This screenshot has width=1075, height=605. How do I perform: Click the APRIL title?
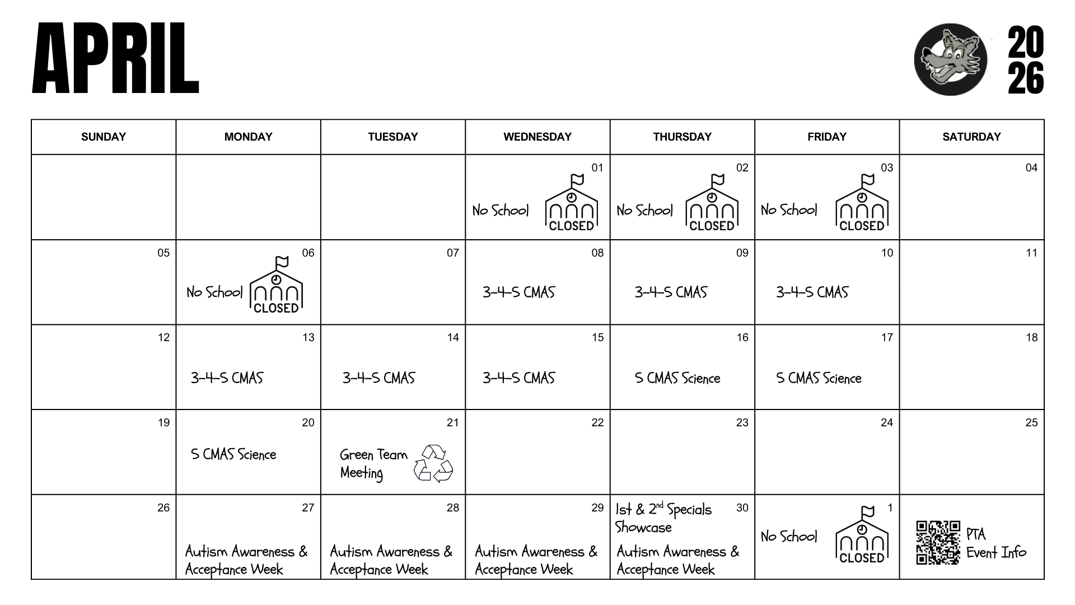(115, 58)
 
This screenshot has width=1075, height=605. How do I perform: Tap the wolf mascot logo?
(950, 59)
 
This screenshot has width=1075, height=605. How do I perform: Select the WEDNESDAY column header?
(537, 137)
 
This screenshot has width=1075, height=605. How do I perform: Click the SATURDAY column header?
(971, 137)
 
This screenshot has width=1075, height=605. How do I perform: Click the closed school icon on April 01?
(571, 204)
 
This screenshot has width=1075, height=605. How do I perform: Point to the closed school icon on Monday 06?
(275, 286)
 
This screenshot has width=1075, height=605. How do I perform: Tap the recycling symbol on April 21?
(433, 463)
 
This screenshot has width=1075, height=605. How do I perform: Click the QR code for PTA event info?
(938, 542)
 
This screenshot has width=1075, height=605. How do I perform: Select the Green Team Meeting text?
(373, 463)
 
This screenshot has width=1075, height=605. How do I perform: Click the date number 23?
(742, 422)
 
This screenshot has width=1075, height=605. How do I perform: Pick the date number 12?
(163, 337)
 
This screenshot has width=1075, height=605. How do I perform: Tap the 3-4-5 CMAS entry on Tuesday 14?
(378, 378)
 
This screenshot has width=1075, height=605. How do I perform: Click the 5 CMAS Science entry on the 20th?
(233, 454)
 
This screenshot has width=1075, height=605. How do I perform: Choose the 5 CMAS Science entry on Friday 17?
(819, 379)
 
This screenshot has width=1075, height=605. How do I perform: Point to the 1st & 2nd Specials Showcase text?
(663, 518)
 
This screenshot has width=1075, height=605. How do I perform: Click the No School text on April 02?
(644, 211)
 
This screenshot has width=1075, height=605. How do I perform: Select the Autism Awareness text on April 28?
(391, 560)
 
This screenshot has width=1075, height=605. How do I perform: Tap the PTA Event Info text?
(996, 543)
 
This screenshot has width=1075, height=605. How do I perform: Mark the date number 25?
(1031, 422)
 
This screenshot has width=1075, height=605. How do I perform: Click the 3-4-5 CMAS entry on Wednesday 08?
(518, 292)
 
